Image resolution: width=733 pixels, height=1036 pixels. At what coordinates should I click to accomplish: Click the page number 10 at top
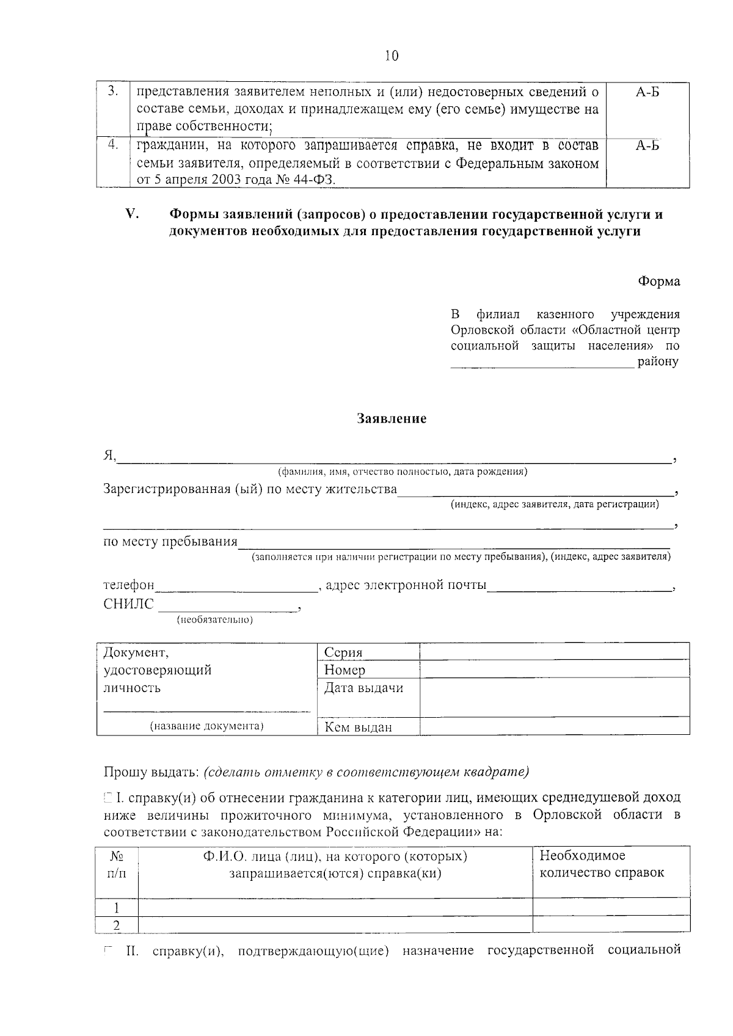pyautogui.click(x=392, y=56)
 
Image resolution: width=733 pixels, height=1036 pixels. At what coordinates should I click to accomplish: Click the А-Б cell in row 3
pyautogui.click(x=647, y=92)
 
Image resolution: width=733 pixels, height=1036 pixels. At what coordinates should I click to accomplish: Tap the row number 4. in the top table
pyautogui.click(x=113, y=145)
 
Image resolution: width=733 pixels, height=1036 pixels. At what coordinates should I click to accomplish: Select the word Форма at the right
pyautogui.click(x=658, y=282)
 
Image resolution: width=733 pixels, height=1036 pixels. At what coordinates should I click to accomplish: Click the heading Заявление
pyautogui.click(x=392, y=419)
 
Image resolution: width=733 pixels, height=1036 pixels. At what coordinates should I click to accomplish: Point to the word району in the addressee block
pyautogui.click(x=658, y=362)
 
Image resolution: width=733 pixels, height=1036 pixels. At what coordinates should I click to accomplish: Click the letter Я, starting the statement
pyautogui.click(x=109, y=456)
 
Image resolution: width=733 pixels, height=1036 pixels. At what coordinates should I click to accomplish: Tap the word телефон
pyautogui.click(x=129, y=585)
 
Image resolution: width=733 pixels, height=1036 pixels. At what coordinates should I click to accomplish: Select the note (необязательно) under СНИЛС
pyautogui.click(x=214, y=620)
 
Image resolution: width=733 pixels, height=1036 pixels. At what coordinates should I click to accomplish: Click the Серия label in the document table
pyautogui.click(x=343, y=652)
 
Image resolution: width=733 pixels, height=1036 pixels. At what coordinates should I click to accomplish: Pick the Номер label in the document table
pyautogui.click(x=345, y=670)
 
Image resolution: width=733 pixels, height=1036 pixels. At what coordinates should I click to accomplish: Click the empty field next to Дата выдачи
pyautogui.click(x=554, y=697)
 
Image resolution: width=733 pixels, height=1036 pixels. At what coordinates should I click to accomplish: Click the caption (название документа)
pyautogui.click(x=207, y=726)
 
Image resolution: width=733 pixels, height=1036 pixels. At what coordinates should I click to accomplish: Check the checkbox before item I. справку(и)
pyautogui.click(x=108, y=797)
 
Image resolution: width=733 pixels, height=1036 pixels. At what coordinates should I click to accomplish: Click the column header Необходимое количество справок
pyautogui.click(x=602, y=864)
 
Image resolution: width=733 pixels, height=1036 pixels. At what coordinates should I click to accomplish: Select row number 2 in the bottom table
pyautogui.click(x=117, y=925)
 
